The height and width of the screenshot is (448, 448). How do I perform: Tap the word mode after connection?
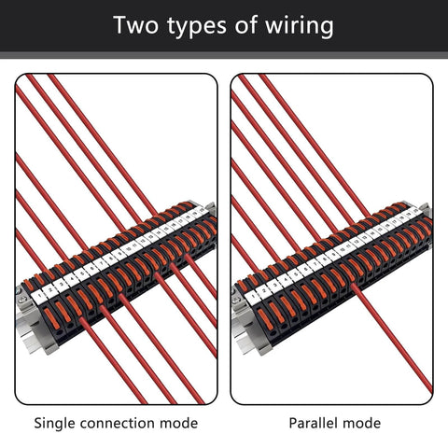[x=179, y=423]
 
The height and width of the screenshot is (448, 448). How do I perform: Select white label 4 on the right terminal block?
[x=287, y=277]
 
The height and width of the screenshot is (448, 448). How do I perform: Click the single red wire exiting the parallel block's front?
[x=392, y=345]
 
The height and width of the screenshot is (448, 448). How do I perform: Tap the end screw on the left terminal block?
[x=22, y=301]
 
